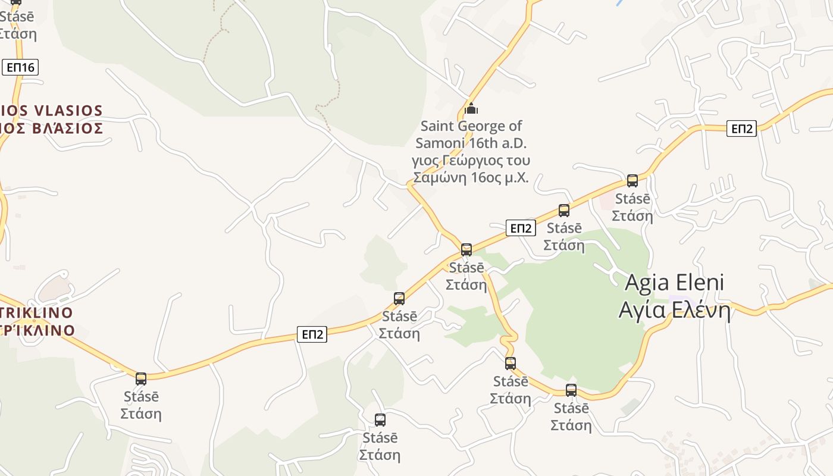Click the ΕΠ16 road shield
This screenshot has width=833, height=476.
coord(21,67)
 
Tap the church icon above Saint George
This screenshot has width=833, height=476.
coord(471,108)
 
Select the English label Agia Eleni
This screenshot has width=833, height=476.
coord(674,283)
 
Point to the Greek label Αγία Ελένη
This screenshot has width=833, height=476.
coord(674,310)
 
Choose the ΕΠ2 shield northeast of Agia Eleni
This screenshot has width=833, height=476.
coord(741,128)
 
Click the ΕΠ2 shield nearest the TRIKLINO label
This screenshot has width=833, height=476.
coord(312,334)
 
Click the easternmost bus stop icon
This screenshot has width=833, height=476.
coord(632,180)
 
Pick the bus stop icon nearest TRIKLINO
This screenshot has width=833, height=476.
coord(141,378)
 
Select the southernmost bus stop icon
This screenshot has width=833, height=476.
coord(380,419)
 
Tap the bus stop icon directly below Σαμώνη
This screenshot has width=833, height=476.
coord(466,249)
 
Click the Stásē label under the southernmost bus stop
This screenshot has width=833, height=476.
coord(380,438)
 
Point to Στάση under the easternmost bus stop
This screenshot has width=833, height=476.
coord(632,215)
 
